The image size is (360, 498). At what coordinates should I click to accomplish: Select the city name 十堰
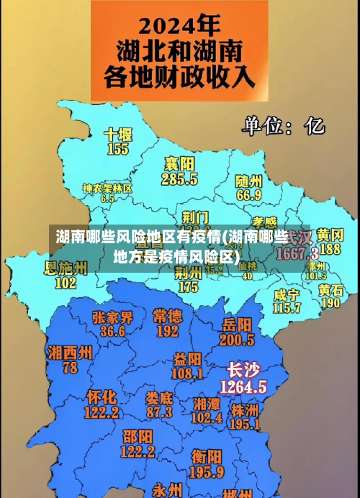pyautogui.click(x=117, y=135)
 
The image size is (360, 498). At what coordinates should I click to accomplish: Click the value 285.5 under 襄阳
pyautogui.click(x=180, y=178)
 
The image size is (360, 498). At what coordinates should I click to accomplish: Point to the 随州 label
pyautogui.click(x=249, y=180)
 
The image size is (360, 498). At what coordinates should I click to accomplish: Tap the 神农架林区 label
pyautogui.click(x=107, y=188)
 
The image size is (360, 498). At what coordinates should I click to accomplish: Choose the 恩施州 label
pyautogui.click(x=66, y=268)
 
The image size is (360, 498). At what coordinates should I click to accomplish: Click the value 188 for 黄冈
pyautogui.click(x=330, y=249)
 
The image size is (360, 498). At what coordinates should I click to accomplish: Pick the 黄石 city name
pyautogui.click(x=330, y=289)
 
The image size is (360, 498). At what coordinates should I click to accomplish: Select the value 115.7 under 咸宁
pyautogui.click(x=287, y=308)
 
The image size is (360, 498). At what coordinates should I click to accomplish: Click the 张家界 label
pyautogui.click(x=112, y=317)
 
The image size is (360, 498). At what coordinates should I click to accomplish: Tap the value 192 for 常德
pyautogui.click(x=167, y=331)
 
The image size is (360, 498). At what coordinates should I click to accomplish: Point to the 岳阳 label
pyautogui.click(x=237, y=324)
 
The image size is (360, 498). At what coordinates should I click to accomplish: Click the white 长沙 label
pyautogui.click(x=243, y=370)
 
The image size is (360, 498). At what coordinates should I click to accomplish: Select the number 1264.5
pyautogui.click(x=243, y=386)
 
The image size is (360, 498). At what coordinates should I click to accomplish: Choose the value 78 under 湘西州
pyautogui.click(x=70, y=367)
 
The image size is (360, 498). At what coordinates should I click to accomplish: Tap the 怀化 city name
pyautogui.click(x=102, y=397)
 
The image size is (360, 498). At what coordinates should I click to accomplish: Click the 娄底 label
pyautogui.click(x=159, y=397)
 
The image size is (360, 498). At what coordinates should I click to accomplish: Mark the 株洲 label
pyautogui.click(x=245, y=409)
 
